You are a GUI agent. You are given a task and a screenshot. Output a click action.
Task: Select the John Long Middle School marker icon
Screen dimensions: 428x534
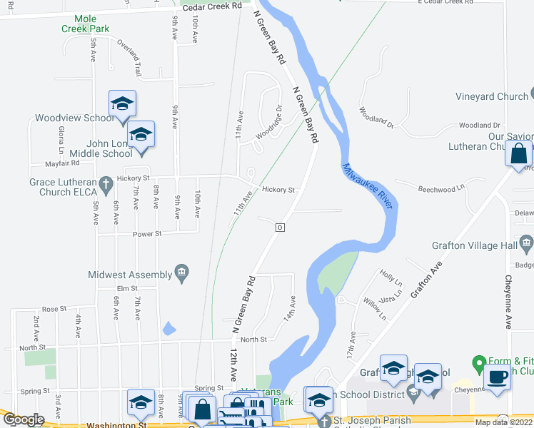pos(141,135)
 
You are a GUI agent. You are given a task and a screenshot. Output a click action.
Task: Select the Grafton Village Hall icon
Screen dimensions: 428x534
pos(527,245)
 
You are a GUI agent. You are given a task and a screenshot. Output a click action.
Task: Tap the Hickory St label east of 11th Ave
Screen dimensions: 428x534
pos(278,190)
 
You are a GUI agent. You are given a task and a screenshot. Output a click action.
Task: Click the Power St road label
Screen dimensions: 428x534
pos(148,233)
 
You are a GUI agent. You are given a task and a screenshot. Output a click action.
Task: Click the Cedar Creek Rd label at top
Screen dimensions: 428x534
pos(213,6)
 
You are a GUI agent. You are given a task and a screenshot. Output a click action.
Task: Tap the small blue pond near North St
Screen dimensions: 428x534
pos(168,328)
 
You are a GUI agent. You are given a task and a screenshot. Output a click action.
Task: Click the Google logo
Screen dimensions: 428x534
pos(23,420)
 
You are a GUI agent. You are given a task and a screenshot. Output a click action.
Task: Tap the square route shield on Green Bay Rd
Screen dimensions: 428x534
pos(281,227)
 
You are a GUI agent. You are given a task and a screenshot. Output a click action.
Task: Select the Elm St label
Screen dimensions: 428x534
pos(127,288)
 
